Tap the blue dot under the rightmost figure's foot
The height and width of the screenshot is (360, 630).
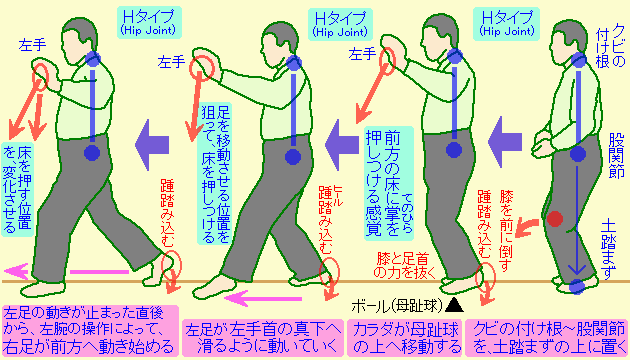pyautogui.click(x=576, y=289)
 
